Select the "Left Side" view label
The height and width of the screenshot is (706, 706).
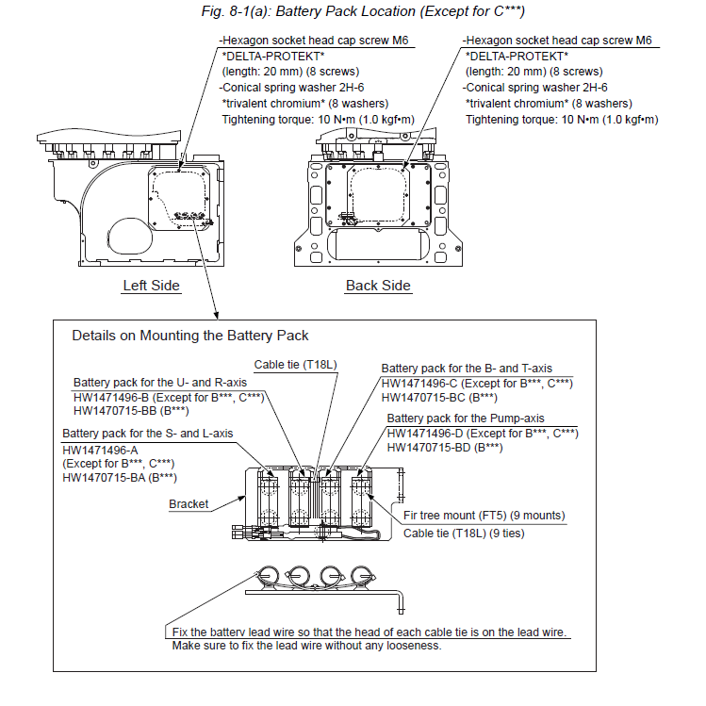click(x=152, y=286)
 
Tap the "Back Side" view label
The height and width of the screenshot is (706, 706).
click(x=378, y=286)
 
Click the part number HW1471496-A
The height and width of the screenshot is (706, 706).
click(x=100, y=451)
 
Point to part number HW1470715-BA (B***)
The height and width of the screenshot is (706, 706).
click(x=119, y=478)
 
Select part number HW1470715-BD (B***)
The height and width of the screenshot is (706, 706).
click(x=445, y=447)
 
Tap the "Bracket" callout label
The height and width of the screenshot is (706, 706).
click(x=189, y=504)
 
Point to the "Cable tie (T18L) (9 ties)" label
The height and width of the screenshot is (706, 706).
click(x=464, y=533)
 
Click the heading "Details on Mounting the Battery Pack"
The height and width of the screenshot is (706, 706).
click(x=190, y=336)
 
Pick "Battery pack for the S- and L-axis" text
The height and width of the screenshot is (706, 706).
click(x=147, y=433)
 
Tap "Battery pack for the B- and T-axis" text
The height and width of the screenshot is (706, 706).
click(x=467, y=369)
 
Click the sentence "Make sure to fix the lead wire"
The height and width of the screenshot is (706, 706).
click(x=306, y=646)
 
